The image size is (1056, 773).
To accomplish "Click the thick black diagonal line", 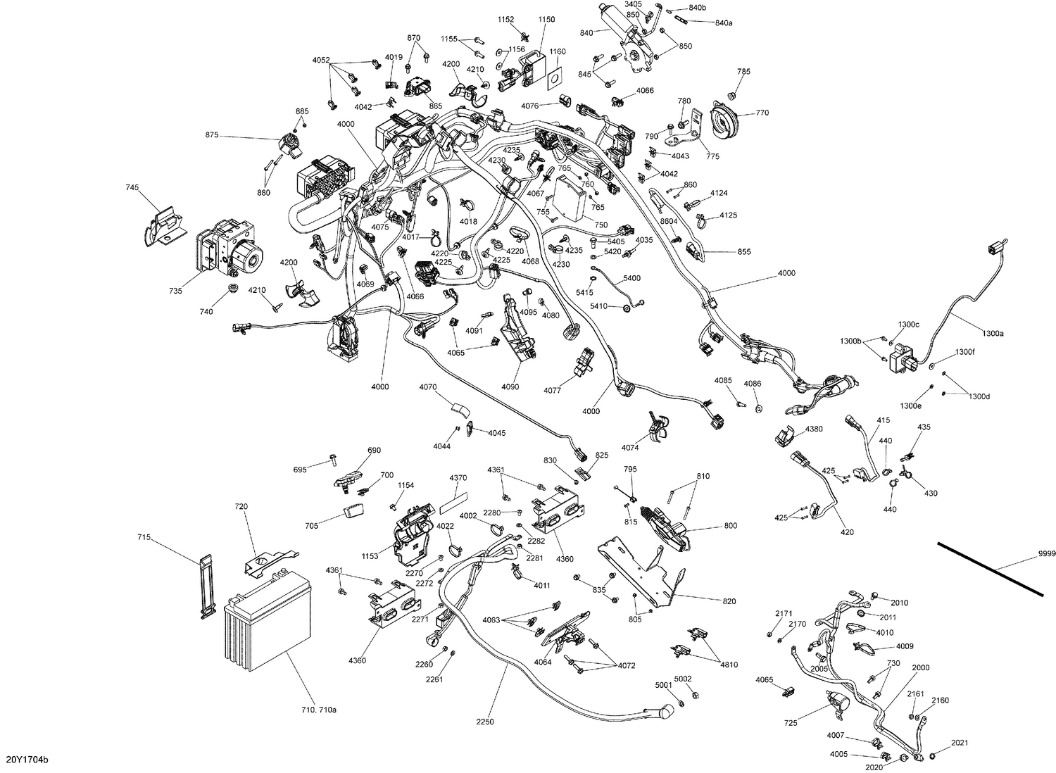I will (989, 566).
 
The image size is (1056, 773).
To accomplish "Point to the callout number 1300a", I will (992, 334).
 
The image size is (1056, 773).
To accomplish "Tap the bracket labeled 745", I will (161, 224).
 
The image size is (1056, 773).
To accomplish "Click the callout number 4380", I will (813, 429).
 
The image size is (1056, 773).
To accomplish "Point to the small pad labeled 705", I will (353, 512).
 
